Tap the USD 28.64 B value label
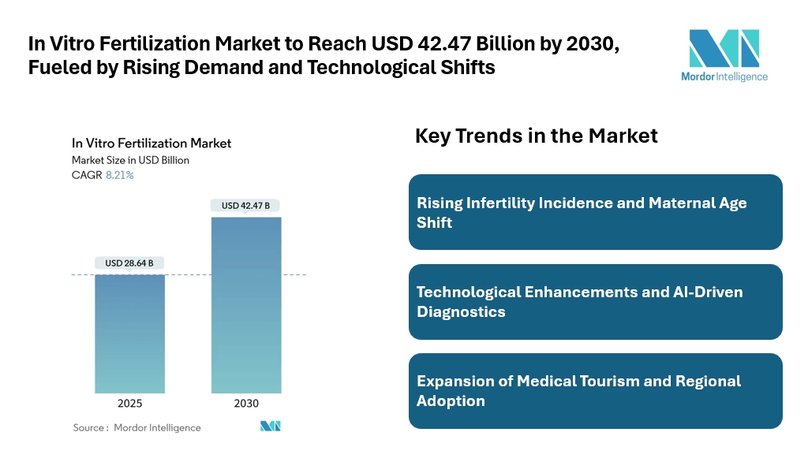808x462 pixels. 129,263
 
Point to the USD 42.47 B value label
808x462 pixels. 245,206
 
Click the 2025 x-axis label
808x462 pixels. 129,404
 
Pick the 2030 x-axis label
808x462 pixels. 245,404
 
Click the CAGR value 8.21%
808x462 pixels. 119,175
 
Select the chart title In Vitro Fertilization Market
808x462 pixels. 151,143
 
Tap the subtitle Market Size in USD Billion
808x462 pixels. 130,160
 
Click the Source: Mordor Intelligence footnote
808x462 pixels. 137,427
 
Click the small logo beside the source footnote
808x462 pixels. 271,427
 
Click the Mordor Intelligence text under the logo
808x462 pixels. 724,76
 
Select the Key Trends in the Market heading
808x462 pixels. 536,136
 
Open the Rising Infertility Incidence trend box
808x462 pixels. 595,212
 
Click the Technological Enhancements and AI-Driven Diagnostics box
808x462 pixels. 595,302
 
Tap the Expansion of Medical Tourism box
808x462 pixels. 595,391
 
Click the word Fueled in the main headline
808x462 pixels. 62,67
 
